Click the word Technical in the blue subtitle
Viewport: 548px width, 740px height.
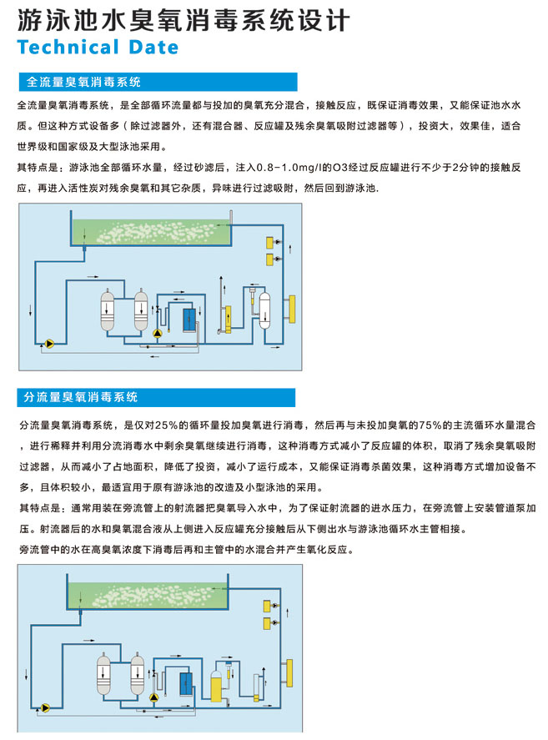[68, 48]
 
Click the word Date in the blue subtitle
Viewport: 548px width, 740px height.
[153, 48]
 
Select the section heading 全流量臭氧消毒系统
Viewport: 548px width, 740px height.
[83, 82]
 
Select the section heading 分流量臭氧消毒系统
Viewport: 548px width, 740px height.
[81, 397]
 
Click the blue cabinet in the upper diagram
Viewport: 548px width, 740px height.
[189, 320]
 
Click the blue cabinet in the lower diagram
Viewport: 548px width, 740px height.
[186, 684]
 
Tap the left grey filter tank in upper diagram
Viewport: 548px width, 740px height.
[108, 310]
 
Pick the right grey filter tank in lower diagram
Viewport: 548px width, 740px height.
[138, 673]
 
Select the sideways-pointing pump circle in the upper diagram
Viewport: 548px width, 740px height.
[49, 344]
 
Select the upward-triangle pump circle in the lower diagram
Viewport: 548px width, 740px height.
[153, 697]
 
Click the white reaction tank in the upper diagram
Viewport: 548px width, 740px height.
[264, 310]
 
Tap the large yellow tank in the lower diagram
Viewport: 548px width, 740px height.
[216, 685]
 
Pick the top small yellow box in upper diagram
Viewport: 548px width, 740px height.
[270, 243]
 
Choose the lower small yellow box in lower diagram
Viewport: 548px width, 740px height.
[267, 623]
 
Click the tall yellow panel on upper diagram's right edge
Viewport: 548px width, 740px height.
[292, 310]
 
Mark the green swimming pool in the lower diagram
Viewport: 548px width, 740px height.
[148, 596]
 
